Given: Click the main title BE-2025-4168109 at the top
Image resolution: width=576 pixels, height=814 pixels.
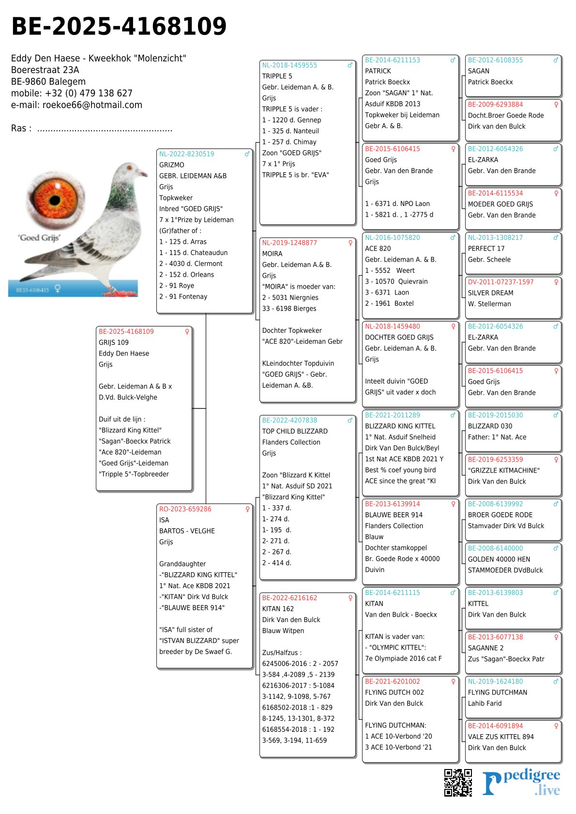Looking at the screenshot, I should tap(119, 27).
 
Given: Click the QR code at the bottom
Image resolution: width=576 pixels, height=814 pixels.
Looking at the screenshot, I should tap(458, 782).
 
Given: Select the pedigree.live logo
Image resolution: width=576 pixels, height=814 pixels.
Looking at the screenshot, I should tap(521, 783).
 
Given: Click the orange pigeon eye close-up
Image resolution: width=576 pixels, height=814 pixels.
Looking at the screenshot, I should tap(55, 198).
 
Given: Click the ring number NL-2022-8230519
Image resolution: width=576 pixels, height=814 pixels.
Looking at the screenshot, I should tap(186, 154).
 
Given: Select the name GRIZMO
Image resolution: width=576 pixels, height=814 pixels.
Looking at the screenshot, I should tap(172, 165).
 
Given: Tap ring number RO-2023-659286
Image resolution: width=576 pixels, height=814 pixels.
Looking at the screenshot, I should tap(185, 509).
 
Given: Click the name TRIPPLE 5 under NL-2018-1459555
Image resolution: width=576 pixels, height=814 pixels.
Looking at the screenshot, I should tap(277, 76).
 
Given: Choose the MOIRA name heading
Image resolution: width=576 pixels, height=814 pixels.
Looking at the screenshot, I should tap(272, 253).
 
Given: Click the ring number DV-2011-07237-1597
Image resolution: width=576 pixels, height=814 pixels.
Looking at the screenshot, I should tap(500, 282).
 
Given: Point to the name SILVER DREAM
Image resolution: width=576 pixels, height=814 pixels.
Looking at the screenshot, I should tap(490, 293).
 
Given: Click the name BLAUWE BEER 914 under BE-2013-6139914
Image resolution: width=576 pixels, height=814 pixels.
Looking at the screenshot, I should tap(394, 515).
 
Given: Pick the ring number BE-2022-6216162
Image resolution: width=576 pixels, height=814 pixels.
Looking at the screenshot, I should tap(289, 598).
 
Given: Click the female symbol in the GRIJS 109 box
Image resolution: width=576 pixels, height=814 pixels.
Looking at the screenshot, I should tap(187, 332).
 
